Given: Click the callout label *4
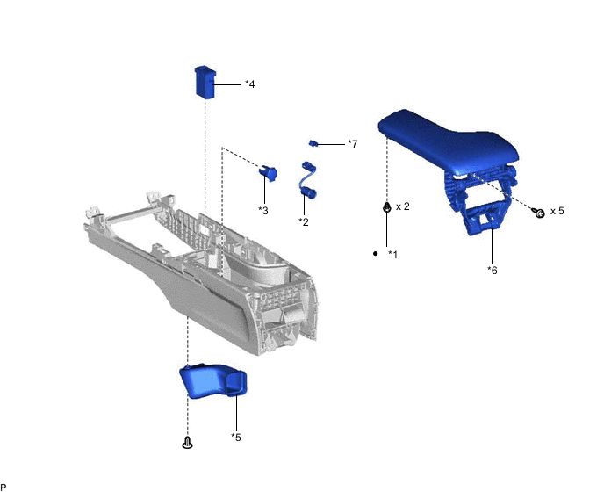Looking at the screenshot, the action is coord(250,84).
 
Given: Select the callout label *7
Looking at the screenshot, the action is coord(352,144).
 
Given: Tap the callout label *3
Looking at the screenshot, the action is coord(263,211).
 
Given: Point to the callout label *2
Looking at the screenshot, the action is coord(304,221).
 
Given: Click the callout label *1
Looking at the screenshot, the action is coord(392,254).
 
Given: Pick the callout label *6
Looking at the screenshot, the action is coord(493,271).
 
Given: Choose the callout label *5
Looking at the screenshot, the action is coord(236,438).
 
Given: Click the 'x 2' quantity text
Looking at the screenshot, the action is coord(403,206).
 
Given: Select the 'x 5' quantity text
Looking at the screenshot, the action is coord(557,211).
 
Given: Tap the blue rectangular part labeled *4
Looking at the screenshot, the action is coord(205,83).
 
